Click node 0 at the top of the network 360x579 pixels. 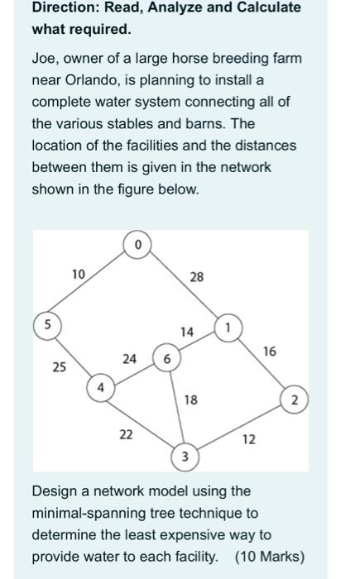pos(137,245)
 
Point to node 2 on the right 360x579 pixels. pos(293,400)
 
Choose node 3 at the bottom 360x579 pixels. pos(185,457)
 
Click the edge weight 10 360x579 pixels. pos(78,274)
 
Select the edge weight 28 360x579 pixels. pos(196,277)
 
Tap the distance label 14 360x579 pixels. pos(187,332)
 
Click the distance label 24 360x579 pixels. pos(129,358)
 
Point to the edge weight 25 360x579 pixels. pos(59,365)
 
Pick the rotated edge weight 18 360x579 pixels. pos(190,400)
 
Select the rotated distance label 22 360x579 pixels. pos(126,435)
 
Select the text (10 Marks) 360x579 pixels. pos(270,555)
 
